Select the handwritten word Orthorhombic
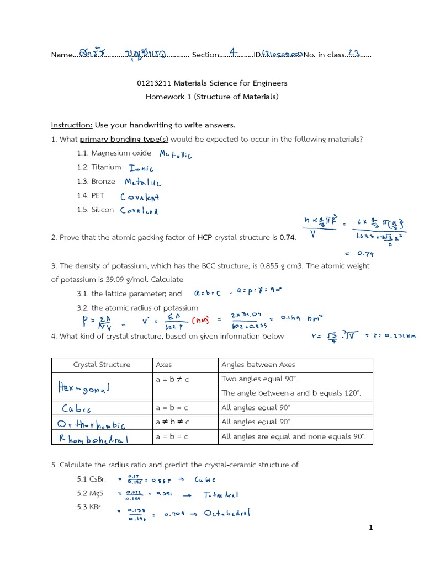(x=92, y=424)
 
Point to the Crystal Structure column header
(x=102, y=365)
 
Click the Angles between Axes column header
(x=258, y=365)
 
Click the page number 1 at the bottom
(x=372, y=527)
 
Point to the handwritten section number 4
(x=234, y=53)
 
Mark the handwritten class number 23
(x=354, y=54)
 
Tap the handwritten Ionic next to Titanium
(x=141, y=168)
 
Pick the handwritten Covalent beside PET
(x=140, y=196)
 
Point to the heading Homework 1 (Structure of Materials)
(x=212, y=97)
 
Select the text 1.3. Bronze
(x=96, y=182)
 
